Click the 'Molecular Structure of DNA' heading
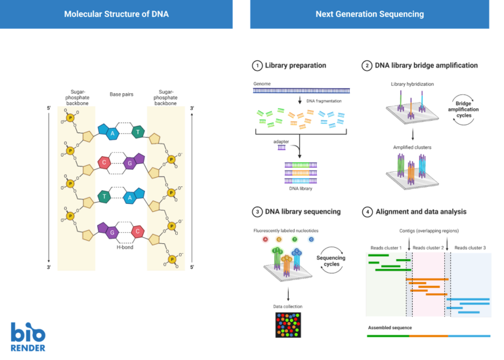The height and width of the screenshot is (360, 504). (116, 14)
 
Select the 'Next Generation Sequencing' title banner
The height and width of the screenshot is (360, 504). (369, 14)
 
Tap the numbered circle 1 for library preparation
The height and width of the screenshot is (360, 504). (257, 66)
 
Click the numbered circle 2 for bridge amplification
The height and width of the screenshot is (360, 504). (367, 66)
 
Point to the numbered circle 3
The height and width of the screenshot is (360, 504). (257, 212)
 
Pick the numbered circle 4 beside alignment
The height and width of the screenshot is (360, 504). (367, 212)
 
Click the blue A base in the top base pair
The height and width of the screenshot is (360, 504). (112, 133)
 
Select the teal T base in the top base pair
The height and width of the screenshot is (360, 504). (138, 132)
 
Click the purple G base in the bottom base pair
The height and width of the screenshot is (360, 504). (112, 231)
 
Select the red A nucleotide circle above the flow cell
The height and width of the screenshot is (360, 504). (264, 239)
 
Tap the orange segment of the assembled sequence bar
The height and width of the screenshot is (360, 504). (429, 336)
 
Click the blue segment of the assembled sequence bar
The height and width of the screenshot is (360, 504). (469, 336)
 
